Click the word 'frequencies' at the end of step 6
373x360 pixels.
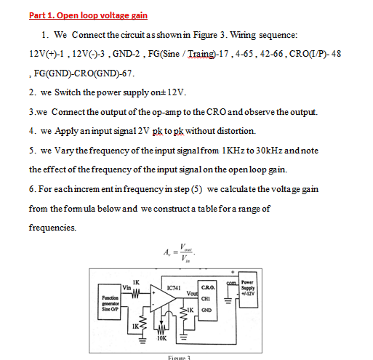[x=52, y=228]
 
